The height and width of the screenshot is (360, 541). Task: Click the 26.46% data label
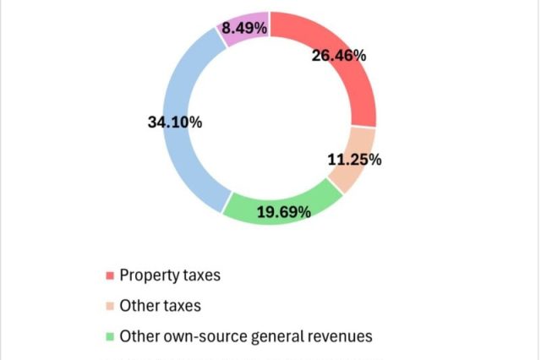pos(338,57)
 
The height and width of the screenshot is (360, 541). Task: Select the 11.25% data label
pos(353,159)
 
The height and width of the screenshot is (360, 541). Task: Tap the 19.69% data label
pos(283,211)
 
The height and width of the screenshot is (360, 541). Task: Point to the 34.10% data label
pos(175,123)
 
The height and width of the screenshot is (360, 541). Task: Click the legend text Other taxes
pos(160,305)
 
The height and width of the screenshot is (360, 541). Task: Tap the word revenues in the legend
pos(339,335)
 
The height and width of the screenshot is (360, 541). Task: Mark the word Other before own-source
pos(137,335)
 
